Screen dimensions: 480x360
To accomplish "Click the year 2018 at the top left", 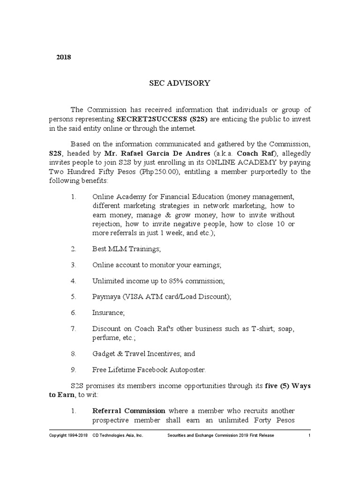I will [x=63, y=58].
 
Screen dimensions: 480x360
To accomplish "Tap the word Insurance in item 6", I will [x=106, y=313].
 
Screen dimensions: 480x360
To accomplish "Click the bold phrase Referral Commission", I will [x=129, y=411].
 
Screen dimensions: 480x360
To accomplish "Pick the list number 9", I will [x=73, y=369].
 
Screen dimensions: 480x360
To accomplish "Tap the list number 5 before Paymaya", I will [x=73, y=297].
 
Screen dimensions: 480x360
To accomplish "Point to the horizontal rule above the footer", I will [x=180, y=429].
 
